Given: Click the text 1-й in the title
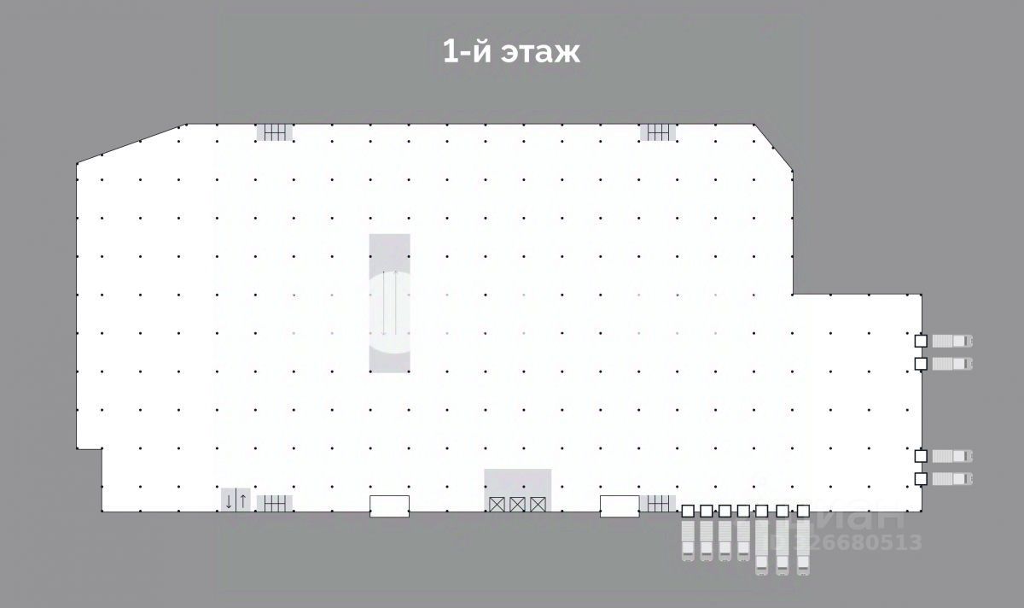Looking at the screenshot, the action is [x=464, y=51].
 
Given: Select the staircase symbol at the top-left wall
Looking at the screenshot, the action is [x=274, y=132].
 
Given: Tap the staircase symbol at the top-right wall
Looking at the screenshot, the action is [x=658, y=132].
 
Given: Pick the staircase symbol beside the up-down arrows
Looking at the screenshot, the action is [x=274, y=504].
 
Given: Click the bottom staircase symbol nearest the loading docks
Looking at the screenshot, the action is [x=658, y=504].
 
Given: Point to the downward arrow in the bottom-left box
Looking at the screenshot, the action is [x=229, y=501].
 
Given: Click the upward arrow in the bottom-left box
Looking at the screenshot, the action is [x=242, y=501].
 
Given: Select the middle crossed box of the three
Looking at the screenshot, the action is [x=517, y=504].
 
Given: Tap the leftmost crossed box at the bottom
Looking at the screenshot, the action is [x=497, y=504].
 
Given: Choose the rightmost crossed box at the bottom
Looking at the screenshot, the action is [x=538, y=504].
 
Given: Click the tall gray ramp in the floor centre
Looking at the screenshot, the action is [x=389, y=302].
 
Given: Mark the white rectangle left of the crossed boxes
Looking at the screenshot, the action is [x=389, y=506].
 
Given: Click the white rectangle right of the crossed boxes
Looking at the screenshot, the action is [x=620, y=506].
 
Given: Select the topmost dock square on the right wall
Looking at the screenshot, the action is [x=921, y=341].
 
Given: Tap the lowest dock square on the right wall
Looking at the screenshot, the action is [x=921, y=478].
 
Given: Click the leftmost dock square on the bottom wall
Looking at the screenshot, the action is [x=688, y=511].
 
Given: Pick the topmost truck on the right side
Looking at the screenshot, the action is [x=951, y=341].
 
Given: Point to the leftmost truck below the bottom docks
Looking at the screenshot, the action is [x=688, y=539].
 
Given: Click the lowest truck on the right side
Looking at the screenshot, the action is [x=951, y=478].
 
